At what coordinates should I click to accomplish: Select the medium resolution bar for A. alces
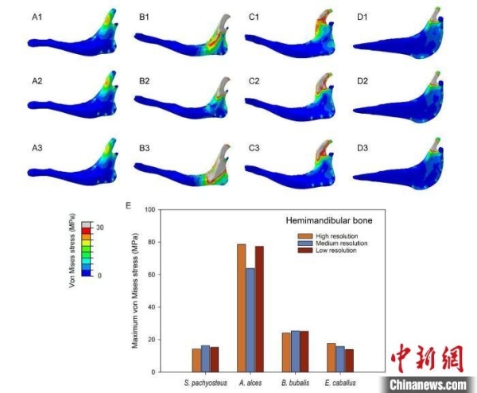click(250, 320)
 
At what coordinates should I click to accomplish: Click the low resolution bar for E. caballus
click(349, 360)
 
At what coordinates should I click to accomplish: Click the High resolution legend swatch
click(303, 236)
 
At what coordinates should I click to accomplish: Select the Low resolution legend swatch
click(303, 251)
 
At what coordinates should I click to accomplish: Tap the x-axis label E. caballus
click(340, 383)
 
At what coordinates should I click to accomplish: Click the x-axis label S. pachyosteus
click(205, 383)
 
